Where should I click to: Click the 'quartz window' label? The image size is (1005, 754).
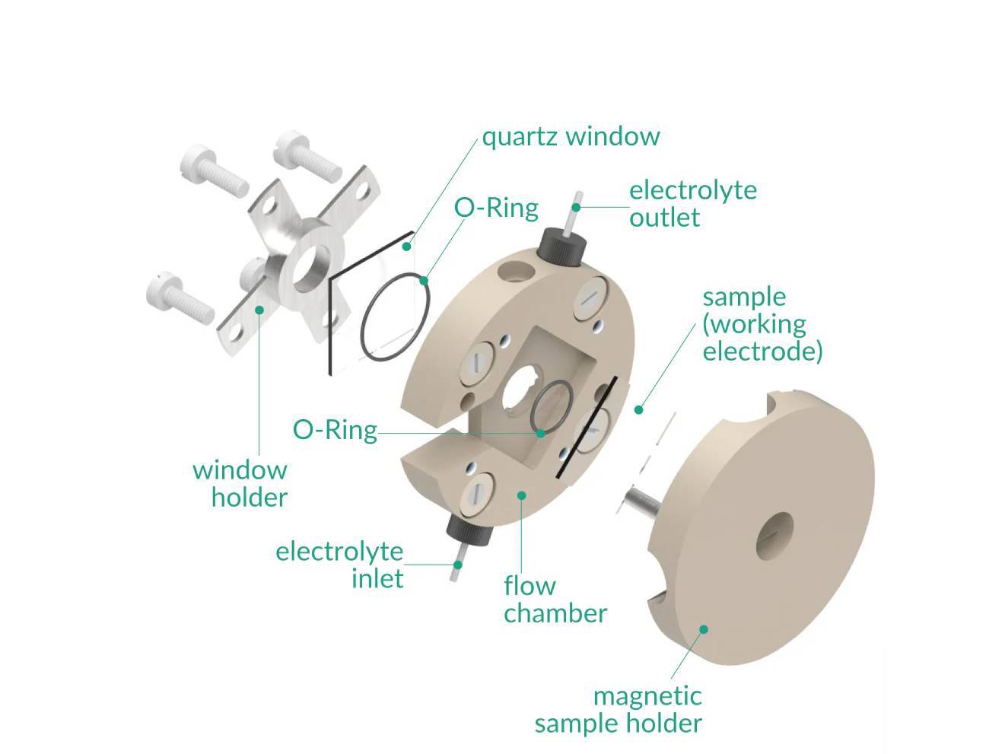coord(571,137)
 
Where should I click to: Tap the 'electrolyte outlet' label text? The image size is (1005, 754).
coord(692,203)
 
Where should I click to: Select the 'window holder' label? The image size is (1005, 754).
coord(240,484)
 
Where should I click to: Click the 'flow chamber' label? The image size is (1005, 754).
coord(555,600)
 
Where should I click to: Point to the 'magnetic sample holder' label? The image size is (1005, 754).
coord(618,709)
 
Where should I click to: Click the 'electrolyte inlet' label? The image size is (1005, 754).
coord(340,565)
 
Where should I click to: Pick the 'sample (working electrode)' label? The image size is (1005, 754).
coord(762,324)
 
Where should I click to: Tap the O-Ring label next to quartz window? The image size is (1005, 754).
coord(496,208)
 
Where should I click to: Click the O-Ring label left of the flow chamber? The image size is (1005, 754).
coord(335,430)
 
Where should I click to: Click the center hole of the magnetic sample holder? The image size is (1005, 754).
coord(774,536)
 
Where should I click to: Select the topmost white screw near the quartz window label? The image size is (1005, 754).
coord(304,155)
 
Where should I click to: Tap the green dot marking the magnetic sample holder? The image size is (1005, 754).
coord(704,629)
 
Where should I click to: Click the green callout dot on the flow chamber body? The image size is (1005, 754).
coord(522,495)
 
